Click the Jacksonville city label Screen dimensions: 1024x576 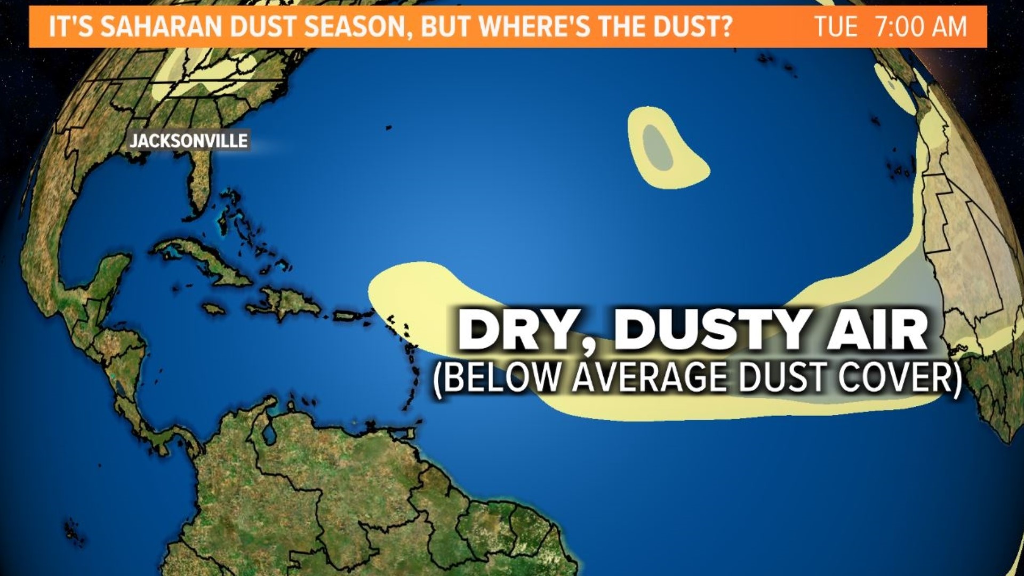click(x=189, y=141)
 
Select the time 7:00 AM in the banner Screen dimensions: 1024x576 click(x=921, y=27)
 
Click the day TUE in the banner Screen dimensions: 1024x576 click(x=836, y=27)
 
